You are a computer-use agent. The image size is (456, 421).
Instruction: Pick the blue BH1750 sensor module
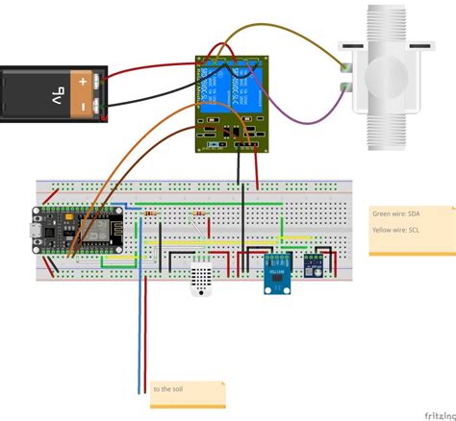pyautogui.click(x=278, y=274)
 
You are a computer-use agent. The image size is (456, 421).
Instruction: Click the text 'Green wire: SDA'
pyautogui.click(x=397, y=214)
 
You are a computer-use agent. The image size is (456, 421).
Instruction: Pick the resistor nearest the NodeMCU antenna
pyautogui.click(x=153, y=211)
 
